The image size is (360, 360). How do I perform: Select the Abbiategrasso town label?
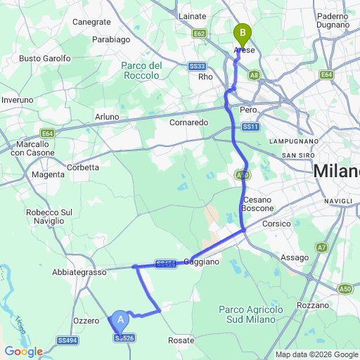(79, 271)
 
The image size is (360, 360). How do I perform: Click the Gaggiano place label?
(202, 262)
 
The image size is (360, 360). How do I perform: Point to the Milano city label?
(336, 171)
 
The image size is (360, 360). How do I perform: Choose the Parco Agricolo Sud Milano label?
(251, 314)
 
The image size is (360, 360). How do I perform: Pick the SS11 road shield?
(251, 127)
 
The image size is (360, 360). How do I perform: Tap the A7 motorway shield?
(321, 247)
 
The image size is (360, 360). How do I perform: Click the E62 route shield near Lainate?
(200, 33)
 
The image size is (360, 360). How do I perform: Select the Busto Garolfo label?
(44, 58)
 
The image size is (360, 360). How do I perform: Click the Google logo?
(24, 352)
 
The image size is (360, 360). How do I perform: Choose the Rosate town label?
(181, 340)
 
